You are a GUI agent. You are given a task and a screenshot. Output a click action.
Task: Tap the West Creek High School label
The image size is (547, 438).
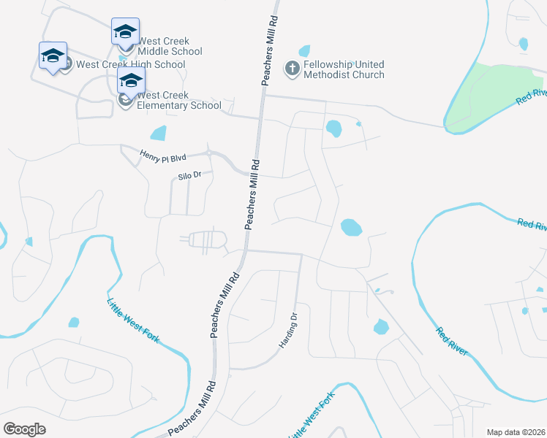[x=130, y=64]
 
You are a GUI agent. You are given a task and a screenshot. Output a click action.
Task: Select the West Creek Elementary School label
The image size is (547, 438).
[x=178, y=100]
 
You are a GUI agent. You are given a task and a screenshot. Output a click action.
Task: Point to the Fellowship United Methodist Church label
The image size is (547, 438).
[x=344, y=69]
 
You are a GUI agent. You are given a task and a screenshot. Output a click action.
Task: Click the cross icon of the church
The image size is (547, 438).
[x=292, y=69]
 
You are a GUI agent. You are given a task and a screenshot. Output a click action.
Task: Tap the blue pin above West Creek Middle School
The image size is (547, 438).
[x=125, y=32]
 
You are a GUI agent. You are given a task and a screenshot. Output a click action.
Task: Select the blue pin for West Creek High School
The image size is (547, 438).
[x=53, y=56]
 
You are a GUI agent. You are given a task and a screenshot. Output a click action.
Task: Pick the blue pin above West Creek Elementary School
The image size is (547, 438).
[x=131, y=81]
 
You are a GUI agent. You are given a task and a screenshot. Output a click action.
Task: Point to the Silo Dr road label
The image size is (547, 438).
[x=189, y=176]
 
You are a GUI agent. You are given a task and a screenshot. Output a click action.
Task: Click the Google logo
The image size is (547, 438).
[x=24, y=429]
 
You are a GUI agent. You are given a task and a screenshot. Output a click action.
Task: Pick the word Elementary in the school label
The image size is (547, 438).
[x=165, y=105]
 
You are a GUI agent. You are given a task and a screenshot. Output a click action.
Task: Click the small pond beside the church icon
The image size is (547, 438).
[x=304, y=51]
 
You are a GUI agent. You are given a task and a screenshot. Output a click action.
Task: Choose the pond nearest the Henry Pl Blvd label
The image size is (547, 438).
[x=157, y=133]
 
